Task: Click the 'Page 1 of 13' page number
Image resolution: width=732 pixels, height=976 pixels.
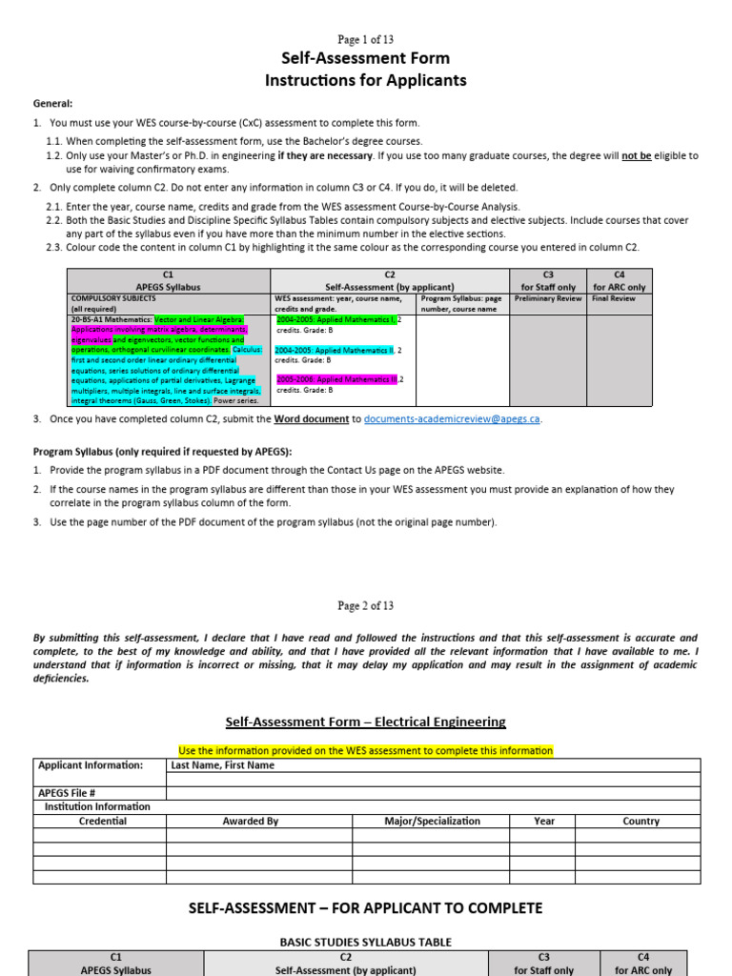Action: [x=366, y=39]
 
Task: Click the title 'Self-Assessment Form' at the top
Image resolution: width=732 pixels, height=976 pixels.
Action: [x=366, y=59]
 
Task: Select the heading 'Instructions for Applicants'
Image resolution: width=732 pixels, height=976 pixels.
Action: [x=366, y=81]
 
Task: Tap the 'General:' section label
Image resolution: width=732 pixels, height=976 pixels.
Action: [x=53, y=104]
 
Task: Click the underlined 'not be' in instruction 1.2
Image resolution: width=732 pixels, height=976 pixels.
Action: [x=637, y=155]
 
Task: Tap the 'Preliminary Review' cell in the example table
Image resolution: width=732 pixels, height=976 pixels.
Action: [x=547, y=298]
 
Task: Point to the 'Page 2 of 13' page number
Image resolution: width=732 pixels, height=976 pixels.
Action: [x=366, y=605]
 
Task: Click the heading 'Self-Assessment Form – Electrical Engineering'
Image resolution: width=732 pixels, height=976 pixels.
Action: [x=366, y=722]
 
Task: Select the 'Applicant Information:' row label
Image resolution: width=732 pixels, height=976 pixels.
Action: [x=91, y=765]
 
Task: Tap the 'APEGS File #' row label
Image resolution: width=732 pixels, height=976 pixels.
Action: [x=67, y=793]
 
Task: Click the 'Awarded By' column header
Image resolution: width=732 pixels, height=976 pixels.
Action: [x=250, y=821]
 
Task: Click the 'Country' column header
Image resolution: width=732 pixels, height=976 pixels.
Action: [x=640, y=821]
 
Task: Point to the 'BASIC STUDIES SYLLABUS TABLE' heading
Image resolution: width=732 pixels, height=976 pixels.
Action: [x=366, y=942]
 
